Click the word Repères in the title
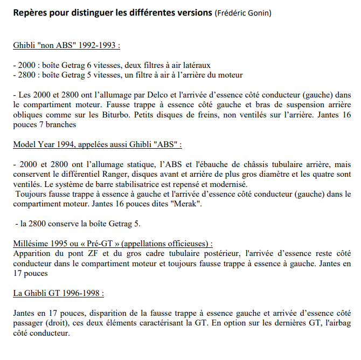[30, 12]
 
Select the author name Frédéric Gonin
[242, 12]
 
